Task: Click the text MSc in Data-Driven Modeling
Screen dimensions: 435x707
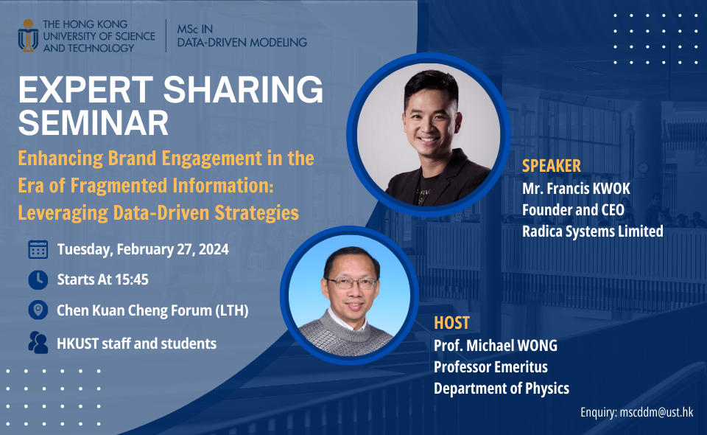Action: pos(242,35)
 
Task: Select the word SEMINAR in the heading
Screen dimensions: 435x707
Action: pos(94,123)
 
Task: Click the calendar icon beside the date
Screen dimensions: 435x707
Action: pos(38,249)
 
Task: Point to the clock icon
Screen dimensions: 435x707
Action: pos(38,279)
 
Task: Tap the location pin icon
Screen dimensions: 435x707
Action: pos(38,310)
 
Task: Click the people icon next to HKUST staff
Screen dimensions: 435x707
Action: pos(38,342)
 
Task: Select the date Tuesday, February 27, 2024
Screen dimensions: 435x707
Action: pos(143,249)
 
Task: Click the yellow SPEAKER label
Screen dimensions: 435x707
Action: pos(552,165)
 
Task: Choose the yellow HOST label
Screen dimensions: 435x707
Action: pos(451,323)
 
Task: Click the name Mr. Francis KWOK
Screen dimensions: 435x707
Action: pos(576,189)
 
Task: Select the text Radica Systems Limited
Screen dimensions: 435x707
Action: pos(592,232)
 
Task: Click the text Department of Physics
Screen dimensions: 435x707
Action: pos(501,389)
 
